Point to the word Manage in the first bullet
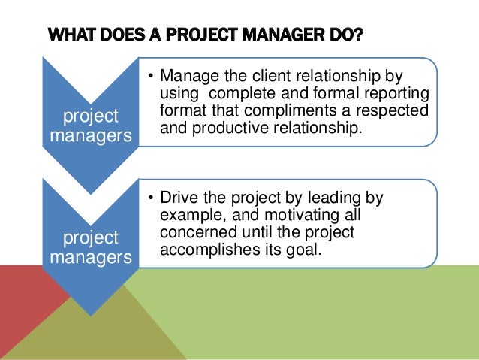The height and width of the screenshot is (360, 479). tap(187, 77)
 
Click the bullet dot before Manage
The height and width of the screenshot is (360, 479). tap(150, 77)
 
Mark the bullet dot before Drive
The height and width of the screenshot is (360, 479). tap(150, 198)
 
